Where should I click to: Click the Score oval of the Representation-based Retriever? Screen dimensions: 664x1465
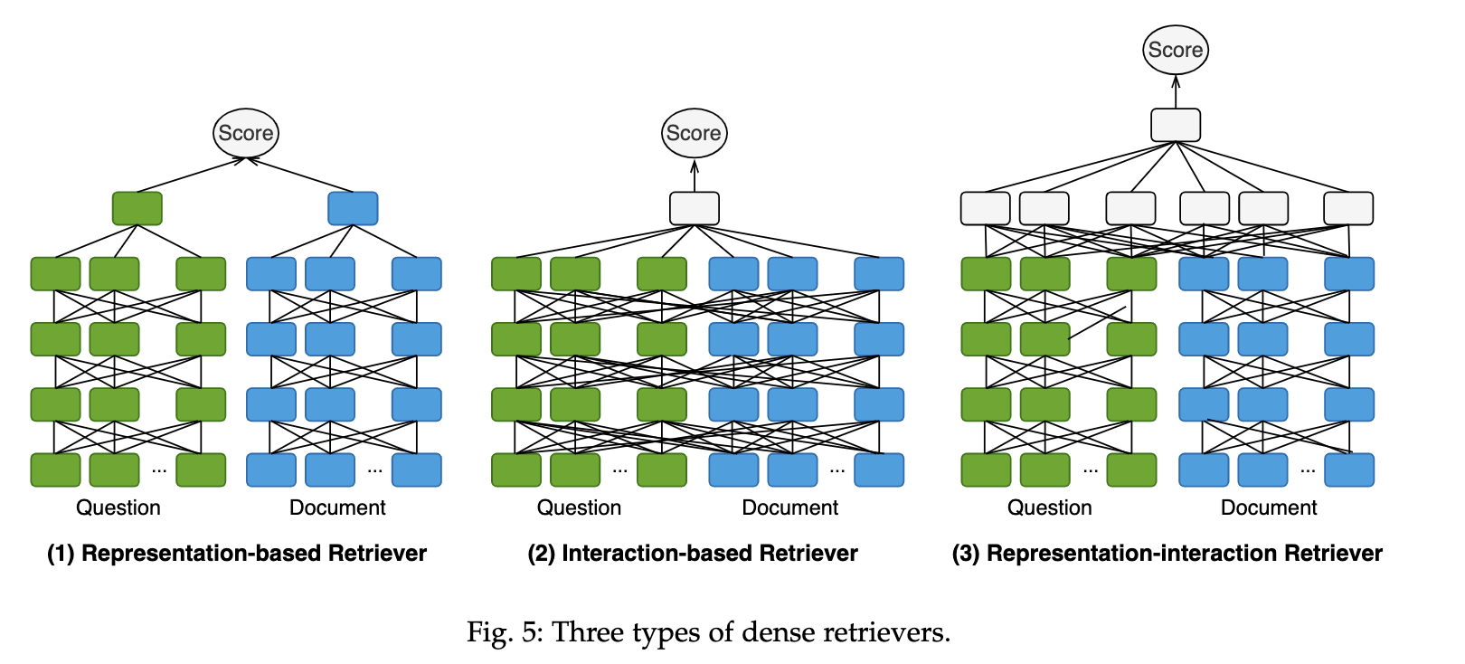[246, 133]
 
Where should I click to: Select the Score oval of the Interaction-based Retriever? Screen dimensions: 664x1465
[694, 133]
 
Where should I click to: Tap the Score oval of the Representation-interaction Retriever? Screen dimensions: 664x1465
[1175, 50]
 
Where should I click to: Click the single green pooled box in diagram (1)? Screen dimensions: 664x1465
[137, 208]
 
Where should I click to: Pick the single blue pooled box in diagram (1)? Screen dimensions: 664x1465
[353, 208]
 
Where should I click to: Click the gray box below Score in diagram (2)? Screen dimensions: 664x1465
[694, 208]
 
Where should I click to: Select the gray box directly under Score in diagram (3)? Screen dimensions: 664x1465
[1175, 125]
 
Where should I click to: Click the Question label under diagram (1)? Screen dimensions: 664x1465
[118, 507]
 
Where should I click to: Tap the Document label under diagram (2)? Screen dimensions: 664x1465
[789, 507]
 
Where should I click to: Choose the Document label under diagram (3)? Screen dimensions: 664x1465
[1268, 507]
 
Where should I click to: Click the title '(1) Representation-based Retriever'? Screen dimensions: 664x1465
[237, 553]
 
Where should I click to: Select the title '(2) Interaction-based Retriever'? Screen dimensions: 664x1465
[693, 553]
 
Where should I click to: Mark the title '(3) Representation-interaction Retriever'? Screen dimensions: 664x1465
[1167, 553]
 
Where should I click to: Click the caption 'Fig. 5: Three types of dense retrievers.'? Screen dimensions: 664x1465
[708, 631]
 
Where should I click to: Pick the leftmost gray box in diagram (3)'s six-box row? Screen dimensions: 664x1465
[985, 208]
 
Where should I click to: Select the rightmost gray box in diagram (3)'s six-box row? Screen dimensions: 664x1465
[1347, 208]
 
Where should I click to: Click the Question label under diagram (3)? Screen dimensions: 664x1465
[1049, 507]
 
